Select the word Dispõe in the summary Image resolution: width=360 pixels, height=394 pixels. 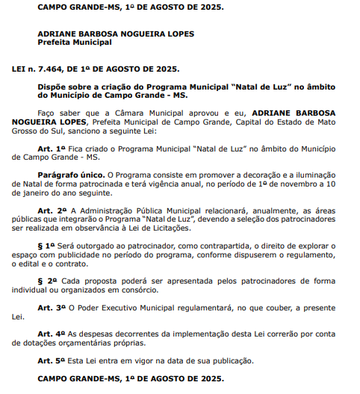tap(52, 87)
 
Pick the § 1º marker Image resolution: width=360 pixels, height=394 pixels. tap(47, 245)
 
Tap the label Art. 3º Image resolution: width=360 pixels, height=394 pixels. tap(52, 307)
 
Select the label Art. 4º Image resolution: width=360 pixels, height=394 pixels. tap(52, 333)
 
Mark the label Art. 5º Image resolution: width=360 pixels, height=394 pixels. tap(52, 360)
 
